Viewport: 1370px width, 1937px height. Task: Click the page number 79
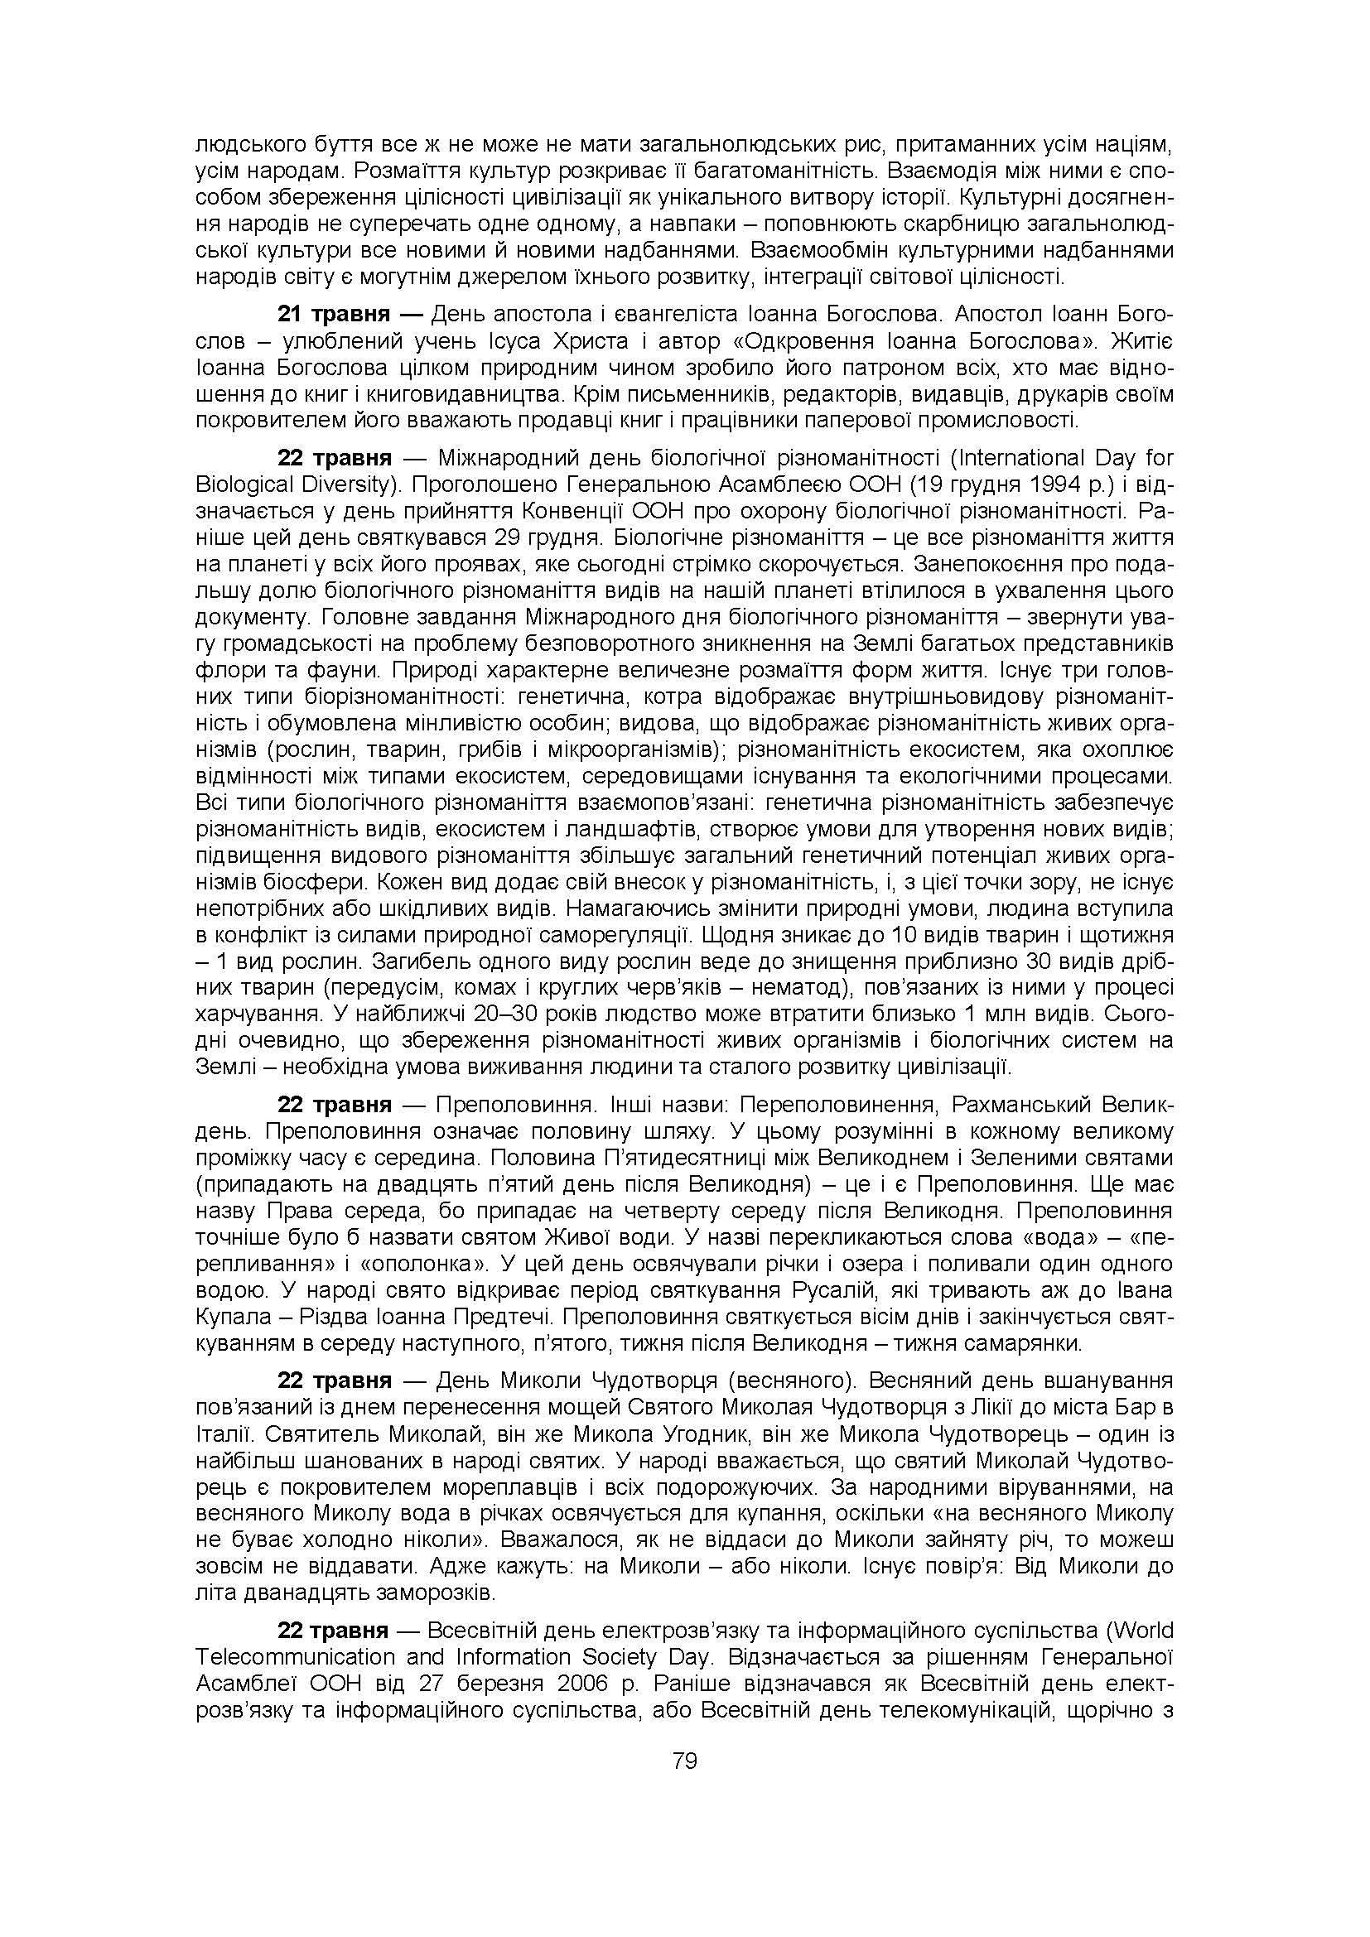[x=684, y=1761]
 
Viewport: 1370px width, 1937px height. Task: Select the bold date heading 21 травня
[x=334, y=315]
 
